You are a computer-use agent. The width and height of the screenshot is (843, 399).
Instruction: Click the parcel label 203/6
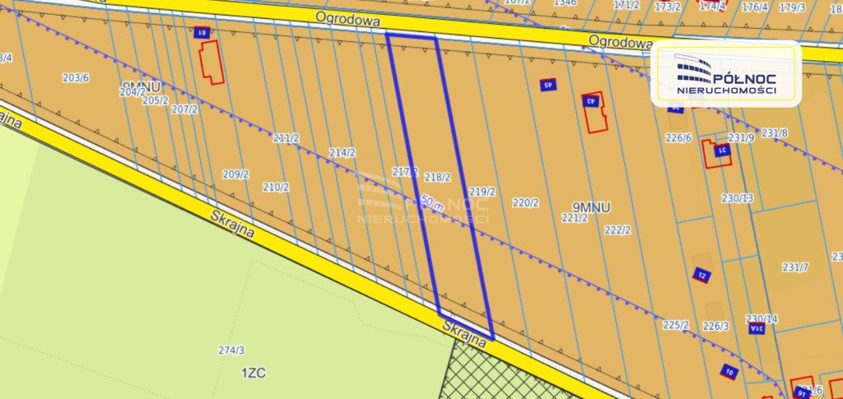coord(76,78)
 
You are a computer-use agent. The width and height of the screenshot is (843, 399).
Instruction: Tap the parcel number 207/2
coord(184,109)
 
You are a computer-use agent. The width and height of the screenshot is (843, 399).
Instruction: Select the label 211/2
coord(286,138)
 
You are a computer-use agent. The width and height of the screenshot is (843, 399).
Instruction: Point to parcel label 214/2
coord(342,153)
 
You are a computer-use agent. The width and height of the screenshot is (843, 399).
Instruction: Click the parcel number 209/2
coord(235,174)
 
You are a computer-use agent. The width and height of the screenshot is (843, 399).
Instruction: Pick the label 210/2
coord(276,188)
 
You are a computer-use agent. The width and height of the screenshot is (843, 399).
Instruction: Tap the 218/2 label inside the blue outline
coord(437,177)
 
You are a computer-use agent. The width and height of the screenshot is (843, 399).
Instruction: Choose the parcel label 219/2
coord(482,193)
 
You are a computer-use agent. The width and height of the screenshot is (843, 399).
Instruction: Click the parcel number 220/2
coord(525,202)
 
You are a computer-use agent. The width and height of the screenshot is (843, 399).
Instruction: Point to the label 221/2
coord(575,218)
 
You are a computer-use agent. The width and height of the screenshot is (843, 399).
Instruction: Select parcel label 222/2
coord(617,230)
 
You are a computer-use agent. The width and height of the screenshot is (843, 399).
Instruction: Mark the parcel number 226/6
coord(678,138)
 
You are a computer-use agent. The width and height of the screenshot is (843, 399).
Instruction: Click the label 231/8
coord(774,133)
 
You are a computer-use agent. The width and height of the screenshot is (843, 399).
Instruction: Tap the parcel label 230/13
coord(737,198)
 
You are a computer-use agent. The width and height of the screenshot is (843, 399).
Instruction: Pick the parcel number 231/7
coord(795,267)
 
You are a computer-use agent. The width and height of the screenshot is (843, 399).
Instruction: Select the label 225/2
coord(675,325)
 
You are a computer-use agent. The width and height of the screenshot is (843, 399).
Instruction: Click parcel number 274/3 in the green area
coord(231,350)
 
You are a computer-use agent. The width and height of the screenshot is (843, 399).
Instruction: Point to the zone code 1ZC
coord(253,373)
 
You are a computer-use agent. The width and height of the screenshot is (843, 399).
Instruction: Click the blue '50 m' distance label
coord(431,202)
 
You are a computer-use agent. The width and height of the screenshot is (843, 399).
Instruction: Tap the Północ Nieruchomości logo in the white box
coord(725,74)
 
